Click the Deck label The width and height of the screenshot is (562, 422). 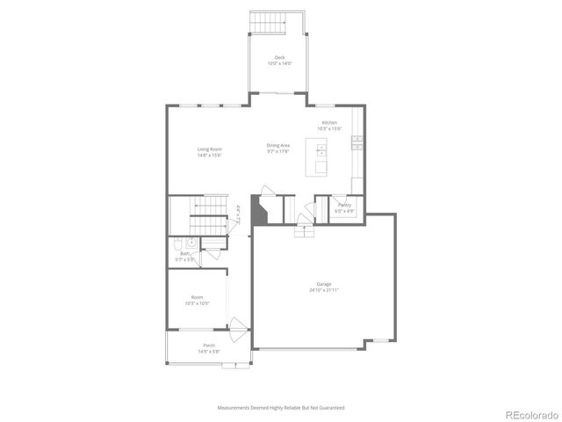(x=278, y=57)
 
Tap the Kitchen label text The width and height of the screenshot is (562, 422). (x=329, y=122)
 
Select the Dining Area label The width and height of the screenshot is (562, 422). (x=278, y=145)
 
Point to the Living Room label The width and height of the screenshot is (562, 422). (x=209, y=149)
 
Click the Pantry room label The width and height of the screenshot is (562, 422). (x=344, y=205)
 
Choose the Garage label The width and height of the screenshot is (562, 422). (x=324, y=284)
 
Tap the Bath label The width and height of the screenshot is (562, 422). (x=185, y=253)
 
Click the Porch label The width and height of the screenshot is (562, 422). (x=209, y=346)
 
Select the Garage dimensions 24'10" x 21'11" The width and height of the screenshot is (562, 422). (x=324, y=290)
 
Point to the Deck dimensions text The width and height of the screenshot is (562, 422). (x=278, y=63)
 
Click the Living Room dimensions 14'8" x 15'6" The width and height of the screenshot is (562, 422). (x=209, y=156)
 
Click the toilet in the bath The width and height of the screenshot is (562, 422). (x=177, y=244)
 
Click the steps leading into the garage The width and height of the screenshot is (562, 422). (x=304, y=231)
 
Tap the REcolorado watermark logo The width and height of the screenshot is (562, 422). (x=530, y=414)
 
